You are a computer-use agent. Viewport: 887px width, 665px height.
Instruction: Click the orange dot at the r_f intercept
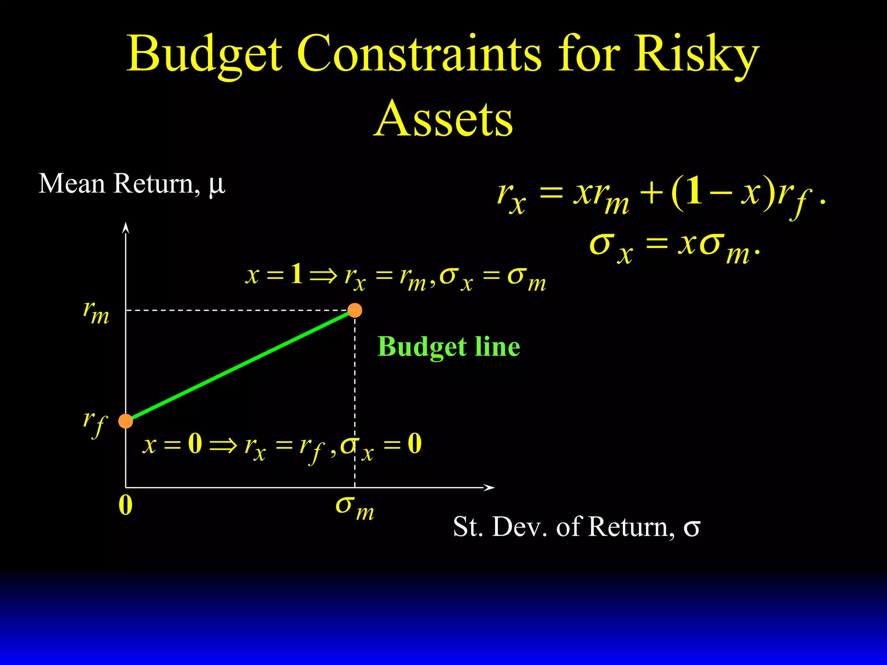pos(126,421)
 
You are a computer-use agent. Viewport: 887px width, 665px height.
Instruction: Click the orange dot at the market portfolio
pos(355,310)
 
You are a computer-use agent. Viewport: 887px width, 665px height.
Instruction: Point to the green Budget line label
pos(449,347)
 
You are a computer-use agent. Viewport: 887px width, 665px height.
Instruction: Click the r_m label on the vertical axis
pos(96,313)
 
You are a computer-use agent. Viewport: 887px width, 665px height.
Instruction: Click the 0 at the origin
pos(126,505)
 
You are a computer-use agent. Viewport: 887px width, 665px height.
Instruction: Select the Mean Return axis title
pos(132,184)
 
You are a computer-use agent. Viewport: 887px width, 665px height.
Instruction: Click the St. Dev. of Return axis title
pos(576,527)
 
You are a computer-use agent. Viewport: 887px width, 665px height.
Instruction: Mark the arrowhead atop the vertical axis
pos(126,227)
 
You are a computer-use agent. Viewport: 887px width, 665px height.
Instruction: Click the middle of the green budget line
pos(240,365)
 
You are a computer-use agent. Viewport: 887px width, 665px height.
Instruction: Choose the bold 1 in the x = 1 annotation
pos(297,274)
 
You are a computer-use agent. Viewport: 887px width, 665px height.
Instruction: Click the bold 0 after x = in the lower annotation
pos(195,443)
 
